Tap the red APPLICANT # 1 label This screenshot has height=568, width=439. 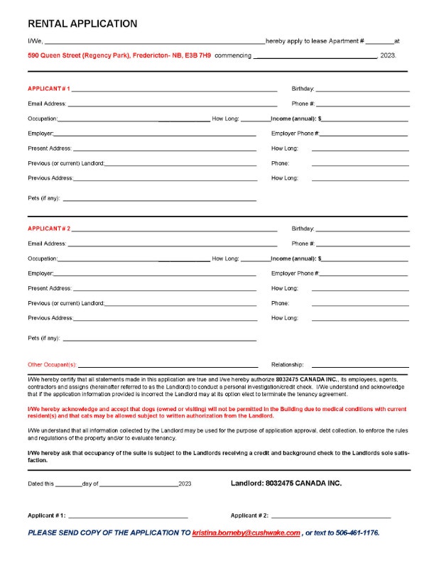48,89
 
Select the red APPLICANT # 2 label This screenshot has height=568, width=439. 48,229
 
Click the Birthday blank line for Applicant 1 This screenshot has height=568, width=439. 362,90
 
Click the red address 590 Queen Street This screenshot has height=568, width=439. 119,55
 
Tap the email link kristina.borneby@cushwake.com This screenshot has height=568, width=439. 246,532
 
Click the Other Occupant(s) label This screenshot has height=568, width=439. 52,364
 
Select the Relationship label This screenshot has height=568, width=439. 287,364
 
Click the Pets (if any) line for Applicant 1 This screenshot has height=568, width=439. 159,200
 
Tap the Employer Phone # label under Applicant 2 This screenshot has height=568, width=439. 295,273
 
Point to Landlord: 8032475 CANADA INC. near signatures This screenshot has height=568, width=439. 286,483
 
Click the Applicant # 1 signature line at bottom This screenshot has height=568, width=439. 128,516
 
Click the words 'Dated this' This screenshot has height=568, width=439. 40,484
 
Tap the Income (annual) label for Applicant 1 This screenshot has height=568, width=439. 296,119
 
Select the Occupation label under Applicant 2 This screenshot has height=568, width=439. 43,258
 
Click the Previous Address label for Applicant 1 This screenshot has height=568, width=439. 50,178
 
